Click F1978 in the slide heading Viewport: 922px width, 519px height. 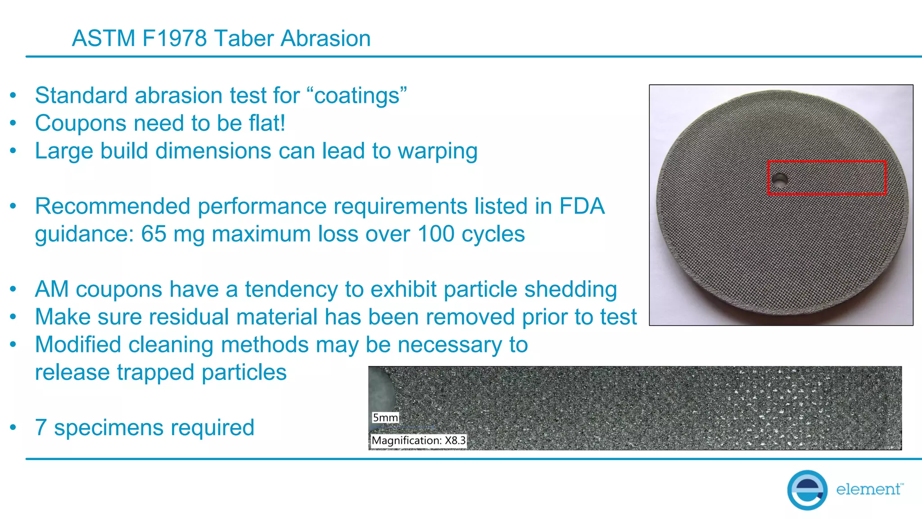click(x=175, y=38)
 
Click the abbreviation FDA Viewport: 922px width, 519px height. click(x=582, y=206)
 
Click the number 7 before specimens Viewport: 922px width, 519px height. click(x=41, y=428)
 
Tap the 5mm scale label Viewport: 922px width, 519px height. click(x=385, y=418)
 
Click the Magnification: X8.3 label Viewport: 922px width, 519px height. click(x=419, y=440)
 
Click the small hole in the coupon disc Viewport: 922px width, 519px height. click(x=779, y=179)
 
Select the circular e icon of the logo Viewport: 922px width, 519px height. click(x=807, y=490)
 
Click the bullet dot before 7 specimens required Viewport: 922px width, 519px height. click(x=14, y=427)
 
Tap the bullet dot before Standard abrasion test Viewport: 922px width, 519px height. click(x=14, y=95)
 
